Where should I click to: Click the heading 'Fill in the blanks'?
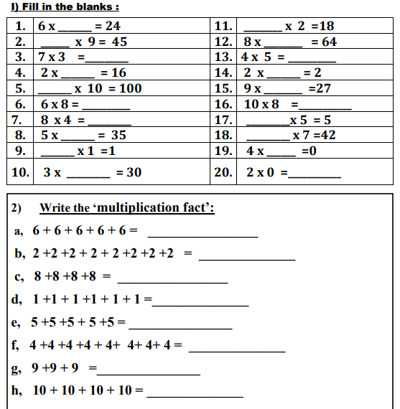coord(63,6)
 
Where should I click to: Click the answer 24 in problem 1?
coord(112,26)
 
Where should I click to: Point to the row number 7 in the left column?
coord(20,120)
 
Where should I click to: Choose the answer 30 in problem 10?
coord(134,172)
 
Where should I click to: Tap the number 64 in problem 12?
coord(329,42)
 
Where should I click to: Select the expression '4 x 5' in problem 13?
coord(257,57)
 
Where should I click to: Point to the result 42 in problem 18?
coord(327,135)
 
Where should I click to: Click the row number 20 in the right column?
coord(223,172)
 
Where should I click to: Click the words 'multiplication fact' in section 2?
coord(154,208)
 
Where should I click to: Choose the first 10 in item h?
coord(40,392)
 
